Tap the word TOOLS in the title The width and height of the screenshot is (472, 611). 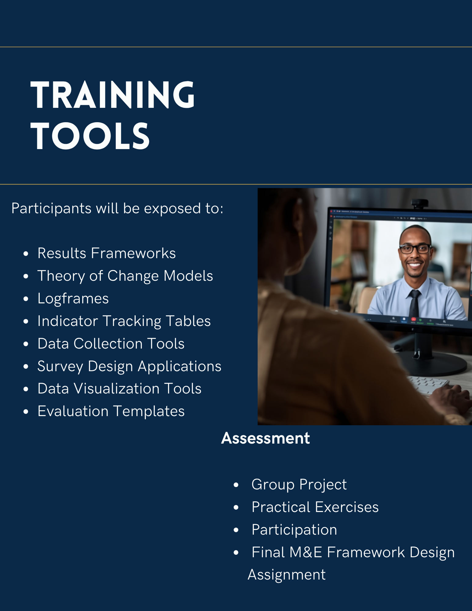click(x=90, y=136)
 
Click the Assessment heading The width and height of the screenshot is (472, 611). click(x=265, y=438)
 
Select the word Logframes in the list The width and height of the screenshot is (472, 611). click(x=73, y=298)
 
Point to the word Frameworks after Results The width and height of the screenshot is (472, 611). click(x=133, y=253)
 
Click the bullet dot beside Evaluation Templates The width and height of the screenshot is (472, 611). click(x=26, y=412)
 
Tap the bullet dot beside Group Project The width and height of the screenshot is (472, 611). click(x=236, y=485)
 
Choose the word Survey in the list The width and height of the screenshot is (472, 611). click(x=60, y=366)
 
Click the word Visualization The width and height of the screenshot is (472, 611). click(x=116, y=389)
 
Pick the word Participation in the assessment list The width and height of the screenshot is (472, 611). click(x=294, y=530)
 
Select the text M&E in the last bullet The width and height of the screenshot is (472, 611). click(x=306, y=552)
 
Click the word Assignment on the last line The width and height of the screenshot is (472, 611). click(x=287, y=575)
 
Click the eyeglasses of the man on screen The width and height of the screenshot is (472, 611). click(x=415, y=249)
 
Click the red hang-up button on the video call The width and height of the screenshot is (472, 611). click(x=413, y=320)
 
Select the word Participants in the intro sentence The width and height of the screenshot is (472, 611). click(x=51, y=209)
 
